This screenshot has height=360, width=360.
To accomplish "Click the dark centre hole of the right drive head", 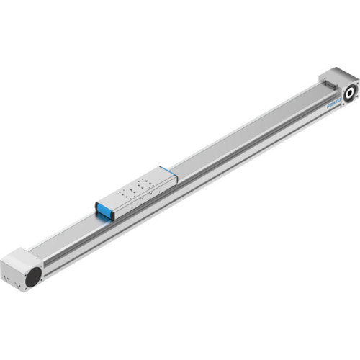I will click(351, 91).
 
